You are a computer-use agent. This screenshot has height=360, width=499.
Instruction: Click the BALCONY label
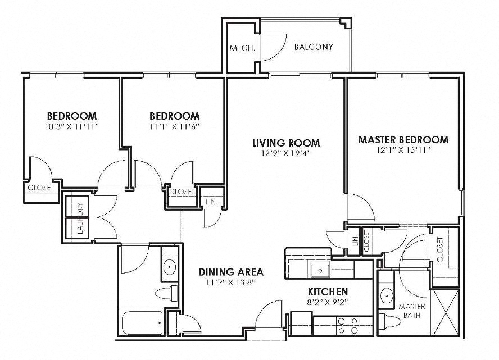point(314,47)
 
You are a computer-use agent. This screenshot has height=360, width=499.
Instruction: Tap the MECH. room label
point(242,48)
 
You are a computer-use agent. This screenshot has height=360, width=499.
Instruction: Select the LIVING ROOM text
point(285,143)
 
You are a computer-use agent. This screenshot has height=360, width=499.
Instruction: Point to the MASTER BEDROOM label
point(403,140)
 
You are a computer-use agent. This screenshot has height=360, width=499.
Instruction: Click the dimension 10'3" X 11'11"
point(72,126)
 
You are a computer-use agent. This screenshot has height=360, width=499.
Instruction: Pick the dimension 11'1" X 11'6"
point(175,126)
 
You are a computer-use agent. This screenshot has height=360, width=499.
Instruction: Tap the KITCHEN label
point(328,292)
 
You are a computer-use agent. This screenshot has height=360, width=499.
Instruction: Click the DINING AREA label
point(231,272)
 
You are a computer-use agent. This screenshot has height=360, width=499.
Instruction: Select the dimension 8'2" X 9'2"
point(328,302)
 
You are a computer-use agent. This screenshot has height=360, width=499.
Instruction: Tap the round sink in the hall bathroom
point(169,267)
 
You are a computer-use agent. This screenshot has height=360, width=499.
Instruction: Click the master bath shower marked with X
point(446,312)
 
